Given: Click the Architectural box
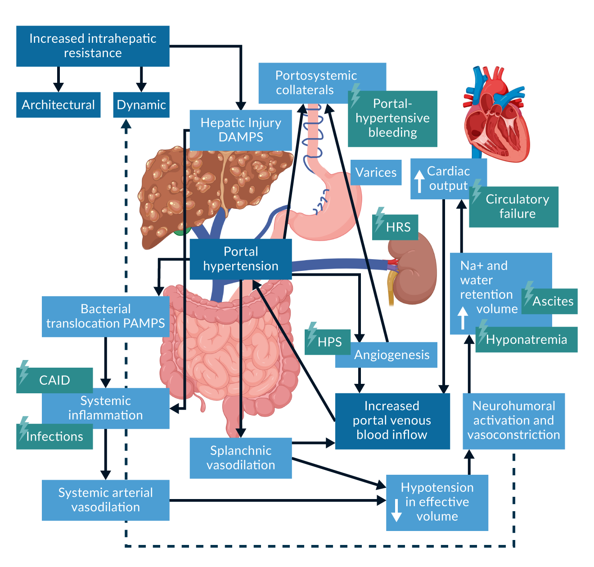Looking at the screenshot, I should pyautogui.click(x=58, y=105).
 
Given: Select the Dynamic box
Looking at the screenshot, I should pyautogui.click(x=141, y=105).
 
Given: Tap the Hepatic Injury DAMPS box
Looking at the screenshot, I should pyautogui.click(x=241, y=130).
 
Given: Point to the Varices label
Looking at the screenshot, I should pyautogui.click(x=376, y=172).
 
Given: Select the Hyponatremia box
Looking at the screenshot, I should pyautogui.click(x=526, y=340).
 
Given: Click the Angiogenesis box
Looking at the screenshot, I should pyautogui.click(x=391, y=355).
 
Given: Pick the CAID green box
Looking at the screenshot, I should pyautogui.click(x=54, y=381).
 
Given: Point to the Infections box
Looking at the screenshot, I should pyautogui.click(x=54, y=436).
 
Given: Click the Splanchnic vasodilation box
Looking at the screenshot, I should pyautogui.click(x=241, y=458).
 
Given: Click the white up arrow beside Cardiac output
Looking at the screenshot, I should pyautogui.click(x=419, y=181).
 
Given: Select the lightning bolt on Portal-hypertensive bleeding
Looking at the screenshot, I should pyautogui.click(x=355, y=95).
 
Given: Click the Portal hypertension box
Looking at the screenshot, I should pyautogui.click(x=241, y=259).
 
